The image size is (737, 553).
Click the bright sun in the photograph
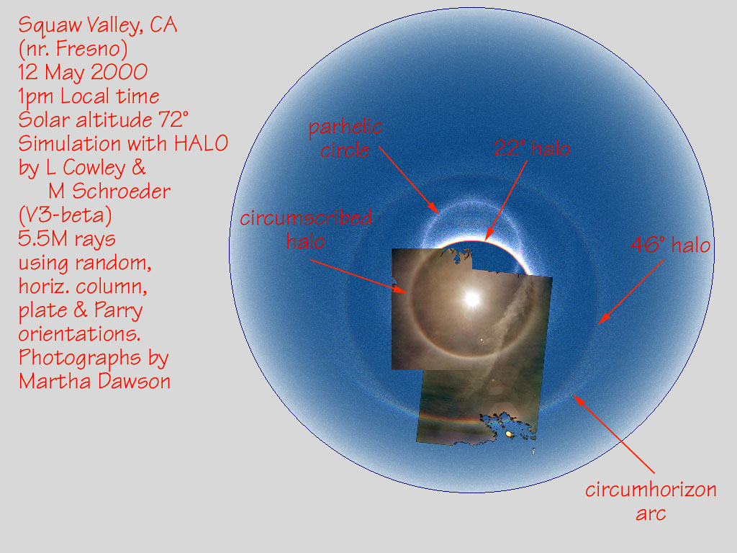(472, 298)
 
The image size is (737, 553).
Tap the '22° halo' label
(532, 149)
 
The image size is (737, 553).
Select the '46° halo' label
(670, 245)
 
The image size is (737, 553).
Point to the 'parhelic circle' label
(345, 139)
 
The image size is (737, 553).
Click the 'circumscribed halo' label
(306, 230)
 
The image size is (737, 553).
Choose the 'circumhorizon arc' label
(651, 501)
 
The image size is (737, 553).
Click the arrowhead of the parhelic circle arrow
(435, 210)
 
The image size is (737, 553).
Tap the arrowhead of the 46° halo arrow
(602, 319)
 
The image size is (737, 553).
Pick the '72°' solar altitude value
(173, 120)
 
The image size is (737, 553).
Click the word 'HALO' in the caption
(202, 143)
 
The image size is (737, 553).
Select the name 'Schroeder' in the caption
(121, 191)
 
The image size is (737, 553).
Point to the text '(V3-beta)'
(65, 215)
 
